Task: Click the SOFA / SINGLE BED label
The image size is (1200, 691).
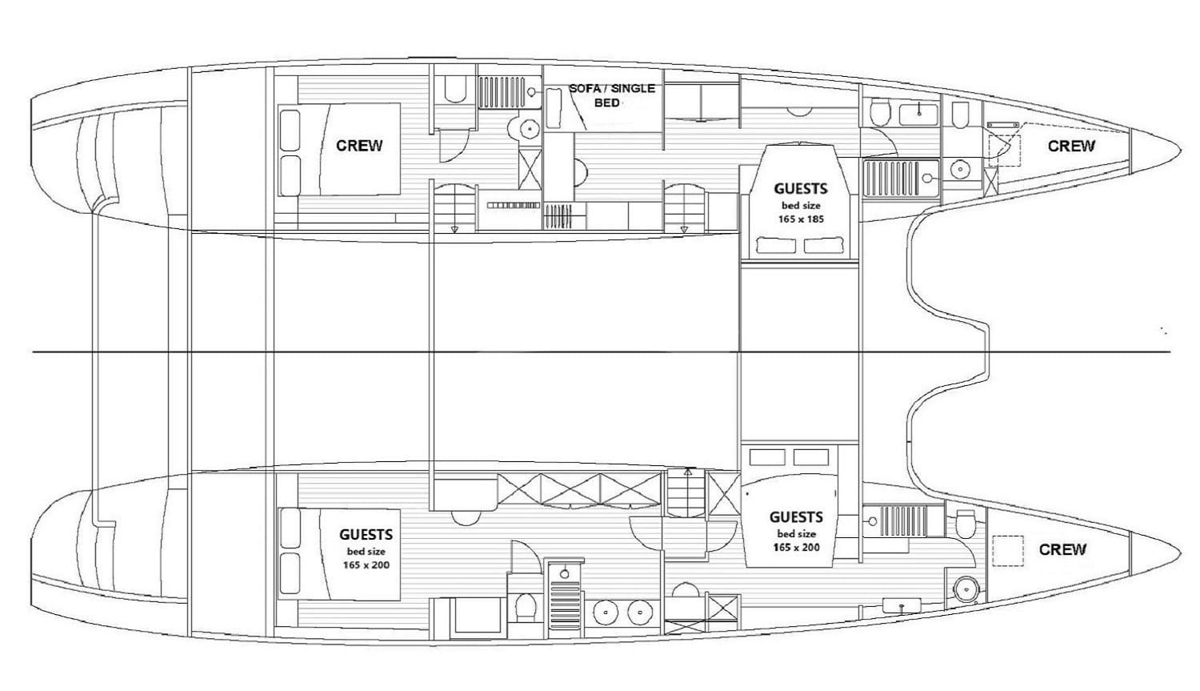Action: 612,95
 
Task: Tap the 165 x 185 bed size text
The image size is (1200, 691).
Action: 801,219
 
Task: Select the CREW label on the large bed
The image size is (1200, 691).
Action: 359,146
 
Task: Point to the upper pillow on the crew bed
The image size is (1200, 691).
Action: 290,128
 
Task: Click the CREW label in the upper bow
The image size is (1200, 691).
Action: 1071,146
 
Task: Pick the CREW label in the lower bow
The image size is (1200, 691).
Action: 1062,549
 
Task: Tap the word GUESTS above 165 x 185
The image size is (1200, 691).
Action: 800,189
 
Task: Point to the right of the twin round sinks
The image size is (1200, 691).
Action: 638,613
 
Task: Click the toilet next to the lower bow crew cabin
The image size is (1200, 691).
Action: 966,524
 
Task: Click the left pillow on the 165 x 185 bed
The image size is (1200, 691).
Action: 775,245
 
